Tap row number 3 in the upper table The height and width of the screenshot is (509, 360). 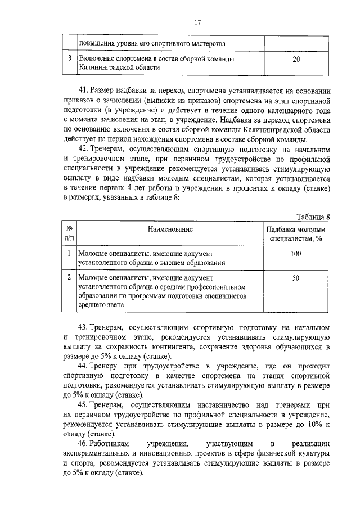pos(69,59)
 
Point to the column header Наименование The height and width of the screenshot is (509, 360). pos(170,229)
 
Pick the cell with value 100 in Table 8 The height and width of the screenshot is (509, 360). pos(296,254)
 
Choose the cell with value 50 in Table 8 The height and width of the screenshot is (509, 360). pos(296,278)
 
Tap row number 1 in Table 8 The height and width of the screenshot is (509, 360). pos(69,254)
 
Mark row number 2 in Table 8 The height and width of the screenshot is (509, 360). pos(69,278)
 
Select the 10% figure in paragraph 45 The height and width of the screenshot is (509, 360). pos(313,424)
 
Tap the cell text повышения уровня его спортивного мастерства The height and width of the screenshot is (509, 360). pos(152,43)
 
